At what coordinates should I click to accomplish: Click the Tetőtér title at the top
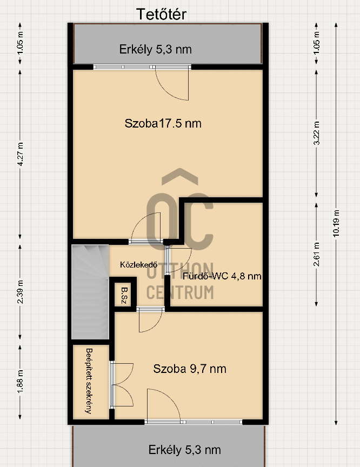[162, 14]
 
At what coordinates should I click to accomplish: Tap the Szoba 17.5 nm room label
[163, 123]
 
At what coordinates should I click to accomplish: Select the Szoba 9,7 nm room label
[190, 369]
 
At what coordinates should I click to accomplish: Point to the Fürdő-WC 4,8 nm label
[222, 276]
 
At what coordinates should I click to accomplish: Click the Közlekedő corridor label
[139, 264]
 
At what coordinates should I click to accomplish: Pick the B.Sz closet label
[124, 296]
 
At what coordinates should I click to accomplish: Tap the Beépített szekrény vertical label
[89, 381]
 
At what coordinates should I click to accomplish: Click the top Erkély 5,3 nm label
[156, 49]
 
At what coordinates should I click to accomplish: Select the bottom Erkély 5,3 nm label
[185, 450]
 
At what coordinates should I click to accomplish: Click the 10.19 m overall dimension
[336, 223]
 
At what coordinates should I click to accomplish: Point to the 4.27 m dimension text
[20, 154]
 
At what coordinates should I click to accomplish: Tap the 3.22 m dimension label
[317, 133]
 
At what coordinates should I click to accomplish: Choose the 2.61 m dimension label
[317, 254]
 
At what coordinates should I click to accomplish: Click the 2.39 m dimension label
[20, 292]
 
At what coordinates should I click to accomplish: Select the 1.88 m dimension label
[20, 382]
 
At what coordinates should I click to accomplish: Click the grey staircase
[90, 292]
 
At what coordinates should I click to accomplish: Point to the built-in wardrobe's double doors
[122, 385]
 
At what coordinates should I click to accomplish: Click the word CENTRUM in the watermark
[180, 292]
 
